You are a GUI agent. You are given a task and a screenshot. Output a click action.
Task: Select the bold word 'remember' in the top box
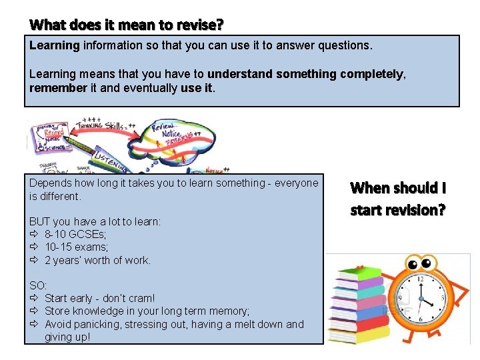58,87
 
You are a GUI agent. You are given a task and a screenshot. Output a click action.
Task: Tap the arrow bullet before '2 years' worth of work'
35,260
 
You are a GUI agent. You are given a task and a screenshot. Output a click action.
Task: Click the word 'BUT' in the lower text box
39,221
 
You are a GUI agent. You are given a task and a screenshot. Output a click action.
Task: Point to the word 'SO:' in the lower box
38,285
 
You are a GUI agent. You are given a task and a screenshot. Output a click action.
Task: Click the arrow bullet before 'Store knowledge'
35,311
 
